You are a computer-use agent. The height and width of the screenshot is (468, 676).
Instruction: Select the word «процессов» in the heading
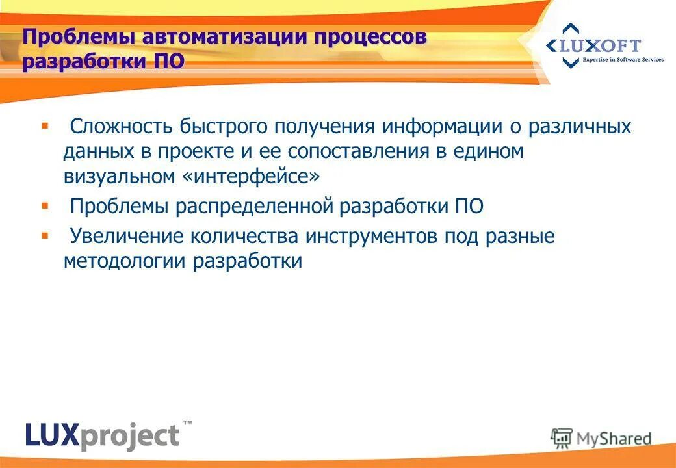[371, 36]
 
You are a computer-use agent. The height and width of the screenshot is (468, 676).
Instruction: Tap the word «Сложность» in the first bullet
[116, 125]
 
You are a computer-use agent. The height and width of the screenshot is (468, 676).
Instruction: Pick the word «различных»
[579, 125]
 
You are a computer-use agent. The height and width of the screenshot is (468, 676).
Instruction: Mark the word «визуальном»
[119, 175]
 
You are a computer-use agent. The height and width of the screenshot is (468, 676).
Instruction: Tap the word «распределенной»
[255, 206]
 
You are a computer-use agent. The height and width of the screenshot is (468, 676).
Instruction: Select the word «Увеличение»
[124, 236]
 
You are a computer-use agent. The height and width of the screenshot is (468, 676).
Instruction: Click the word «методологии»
[123, 261]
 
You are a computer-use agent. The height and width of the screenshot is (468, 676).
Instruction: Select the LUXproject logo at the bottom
[102, 434]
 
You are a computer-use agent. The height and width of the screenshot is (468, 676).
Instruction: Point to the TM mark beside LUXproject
[188, 423]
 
